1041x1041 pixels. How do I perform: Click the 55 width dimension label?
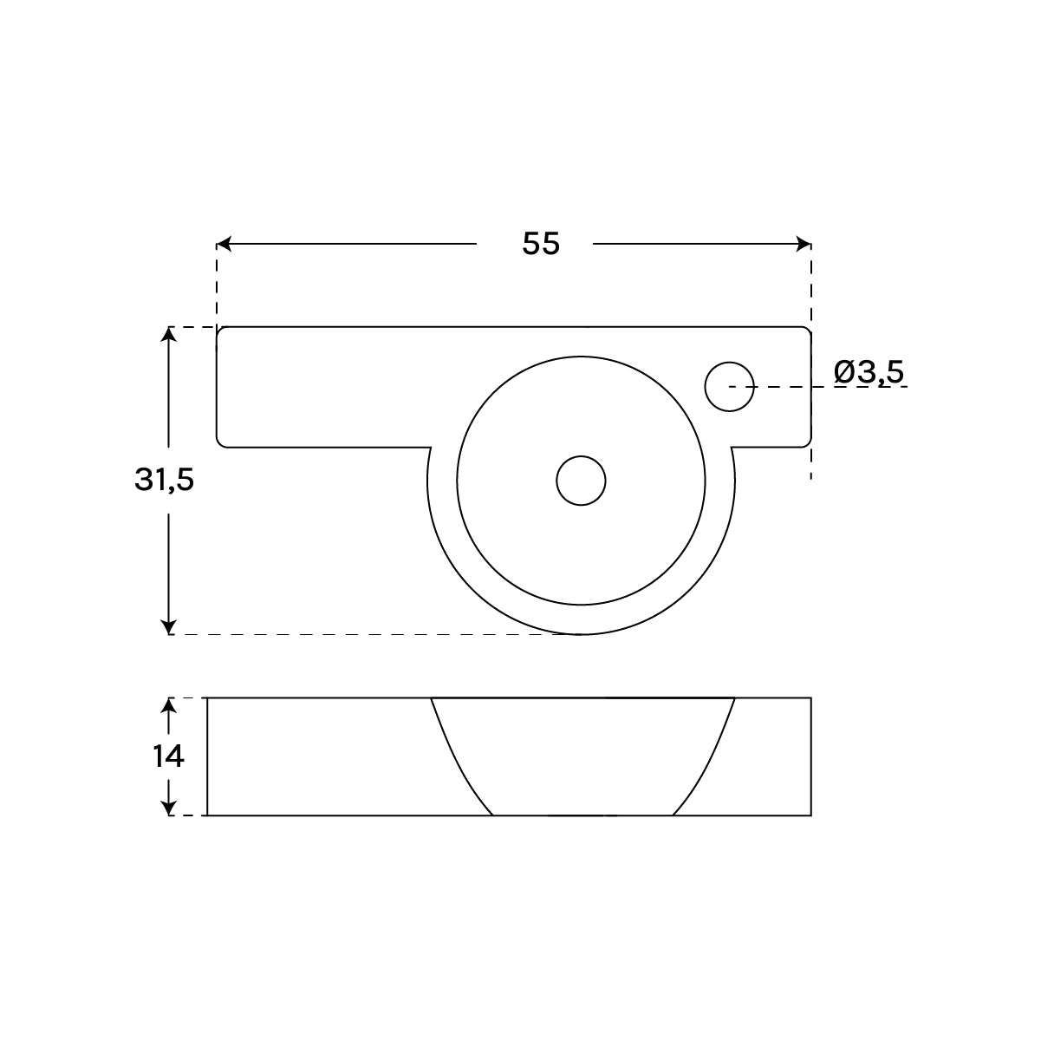pos(541,244)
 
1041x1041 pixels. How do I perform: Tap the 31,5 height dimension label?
pos(164,480)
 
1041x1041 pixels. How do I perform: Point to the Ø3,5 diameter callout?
pos(869,373)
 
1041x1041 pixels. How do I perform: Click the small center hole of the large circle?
pos(581,481)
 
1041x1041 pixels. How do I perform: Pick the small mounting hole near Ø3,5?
pos(729,387)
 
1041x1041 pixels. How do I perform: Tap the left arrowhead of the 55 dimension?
pos(224,244)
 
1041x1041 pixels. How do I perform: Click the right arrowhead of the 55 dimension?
pos(804,244)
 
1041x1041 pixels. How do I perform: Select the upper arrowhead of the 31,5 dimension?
pos(169,334)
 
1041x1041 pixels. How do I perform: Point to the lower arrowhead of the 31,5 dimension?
pos(169,626)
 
